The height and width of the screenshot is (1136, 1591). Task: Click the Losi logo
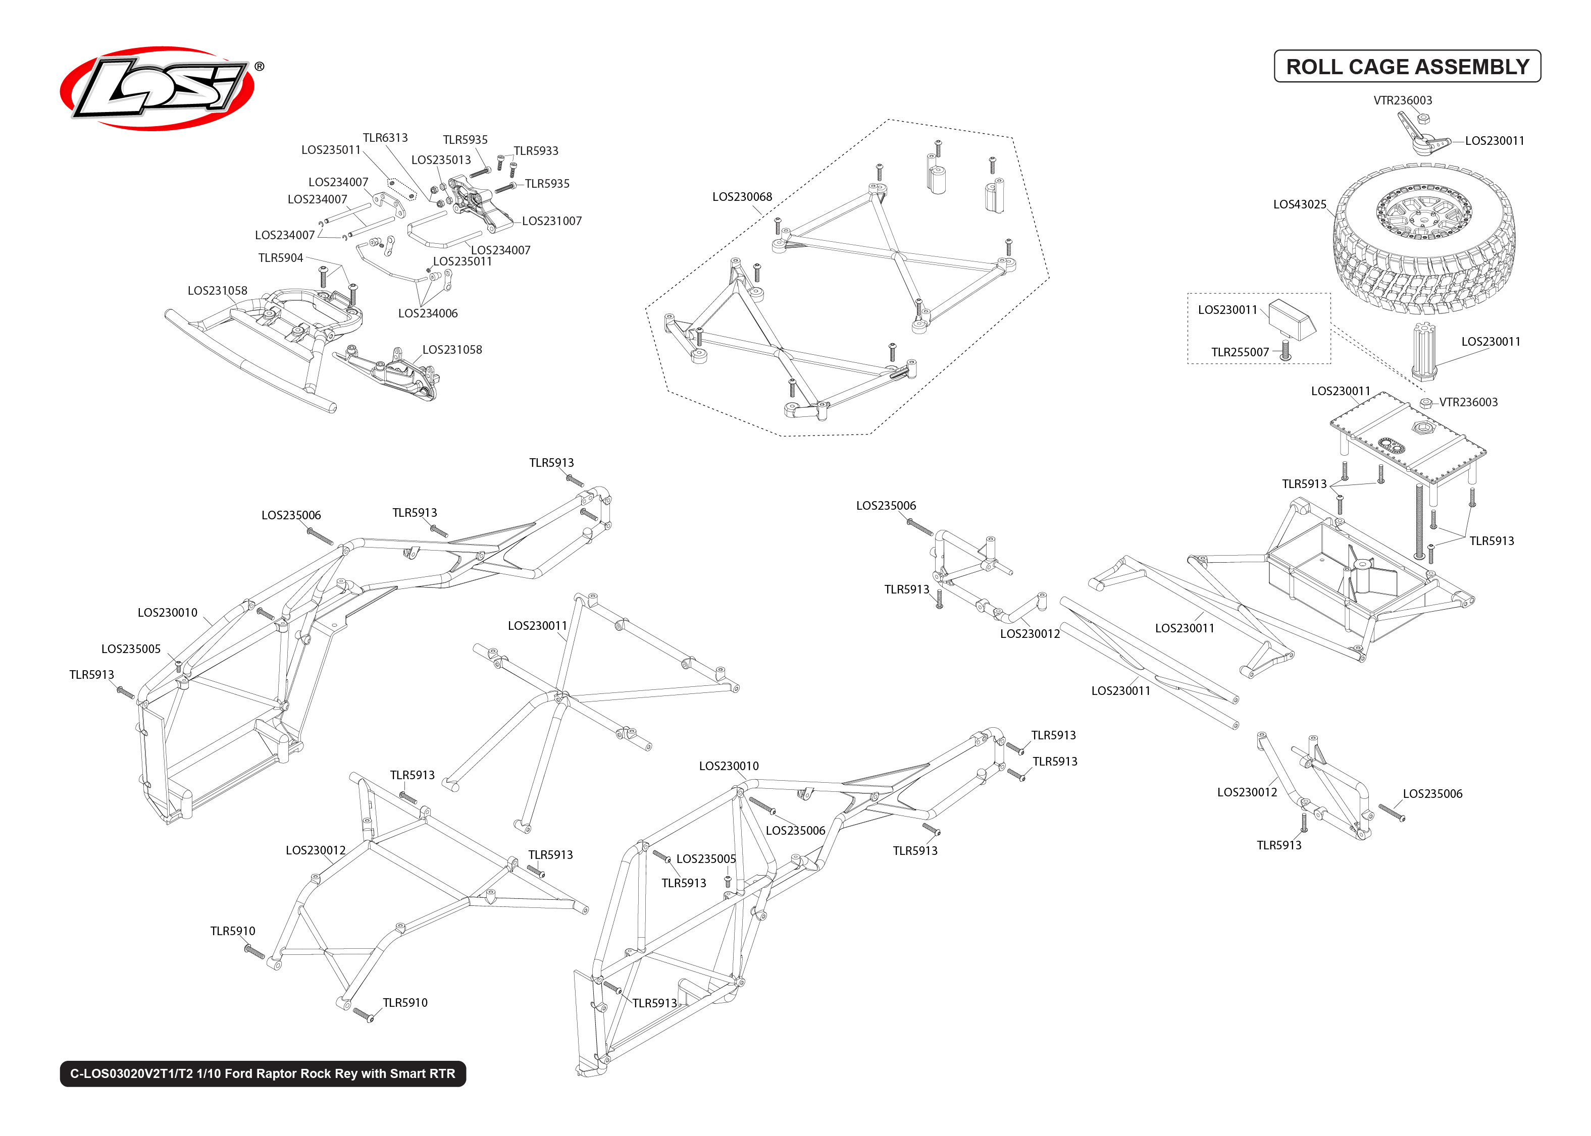click(x=158, y=89)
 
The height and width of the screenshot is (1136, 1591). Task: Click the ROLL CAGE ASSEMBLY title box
click(x=1407, y=67)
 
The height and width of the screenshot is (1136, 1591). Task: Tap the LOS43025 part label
click(x=1299, y=204)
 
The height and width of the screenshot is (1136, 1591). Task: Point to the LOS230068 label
click(x=742, y=196)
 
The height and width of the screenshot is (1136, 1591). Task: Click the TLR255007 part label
click(x=1240, y=352)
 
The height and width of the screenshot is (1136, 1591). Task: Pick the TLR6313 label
click(x=385, y=138)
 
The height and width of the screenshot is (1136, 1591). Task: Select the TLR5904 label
click(x=281, y=257)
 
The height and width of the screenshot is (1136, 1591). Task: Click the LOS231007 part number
click(x=551, y=221)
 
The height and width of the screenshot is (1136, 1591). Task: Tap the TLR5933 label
click(x=536, y=150)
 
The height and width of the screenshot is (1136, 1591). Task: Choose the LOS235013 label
click(x=441, y=159)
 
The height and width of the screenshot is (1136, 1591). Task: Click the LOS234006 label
click(x=428, y=313)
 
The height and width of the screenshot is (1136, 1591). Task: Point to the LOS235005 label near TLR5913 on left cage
click(x=131, y=648)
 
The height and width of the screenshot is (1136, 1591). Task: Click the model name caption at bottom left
click(x=263, y=1073)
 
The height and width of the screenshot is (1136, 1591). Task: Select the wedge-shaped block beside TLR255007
click(x=1292, y=319)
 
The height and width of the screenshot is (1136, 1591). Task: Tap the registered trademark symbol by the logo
click(x=259, y=67)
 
